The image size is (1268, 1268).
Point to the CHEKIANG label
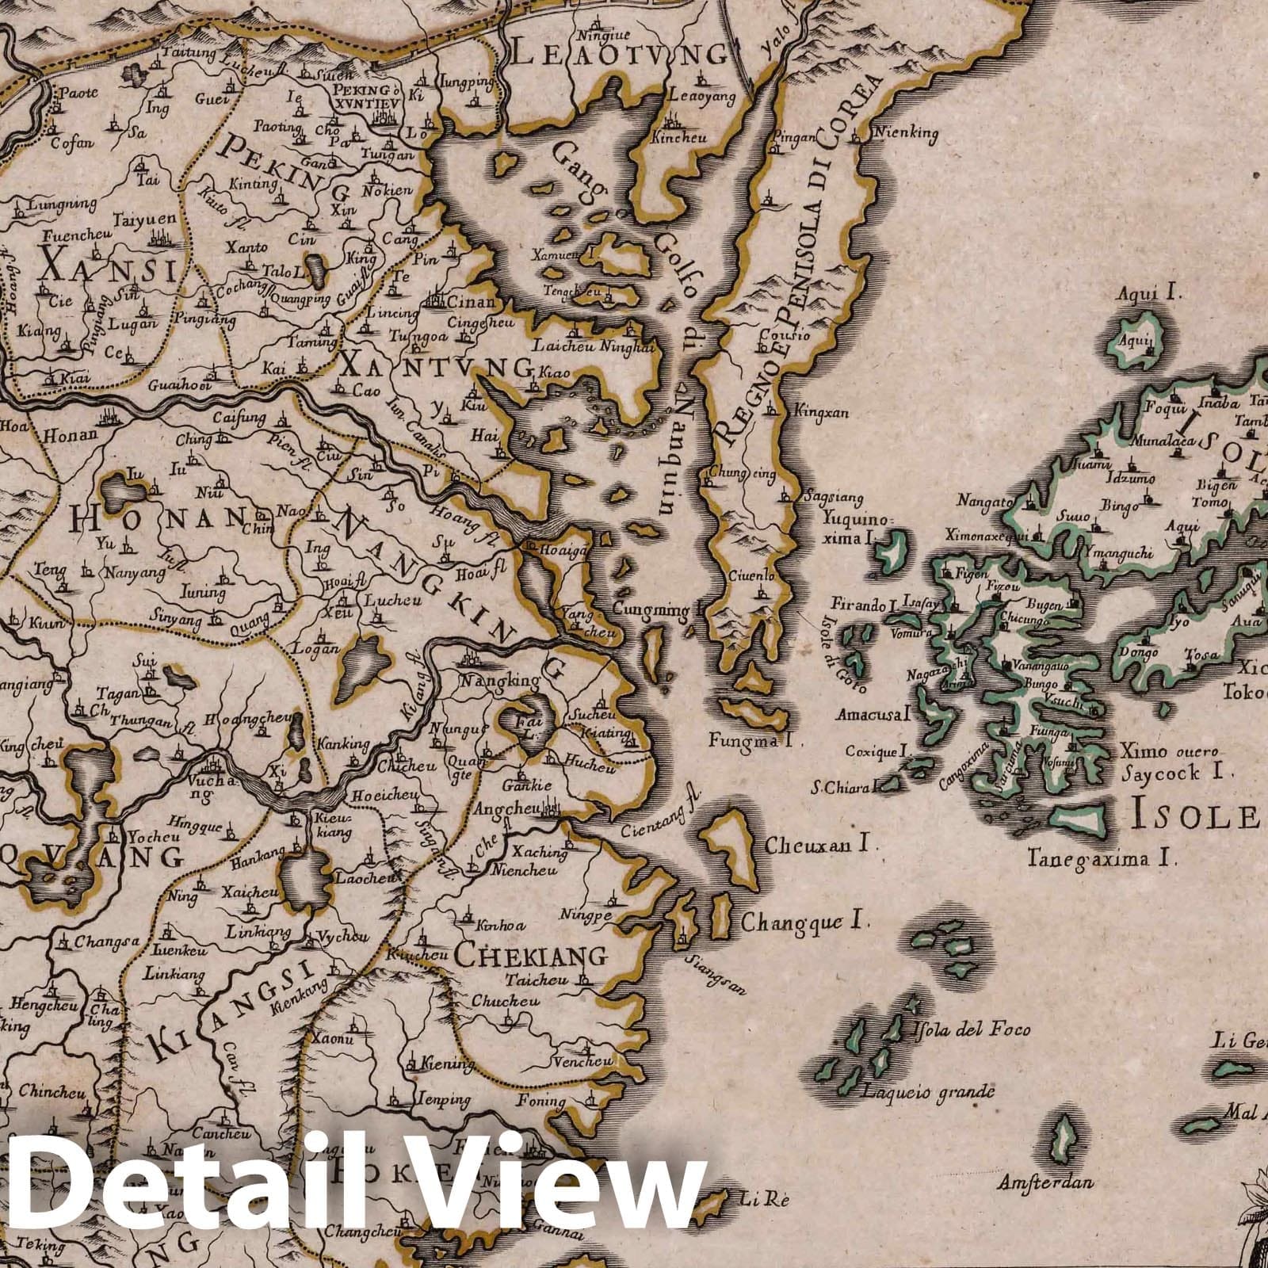(531, 956)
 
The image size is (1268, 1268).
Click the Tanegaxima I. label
(1102, 857)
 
